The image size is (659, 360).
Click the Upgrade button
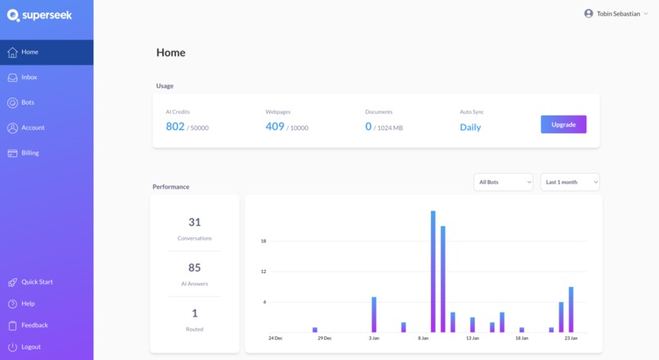pyautogui.click(x=563, y=124)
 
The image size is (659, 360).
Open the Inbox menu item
pyautogui.click(x=29, y=77)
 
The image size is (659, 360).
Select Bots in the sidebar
pyautogui.click(x=28, y=102)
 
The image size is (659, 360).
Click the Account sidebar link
pyautogui.click(x=33, y=128)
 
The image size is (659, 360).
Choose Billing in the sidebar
pyautogui.click(x=29, y=153)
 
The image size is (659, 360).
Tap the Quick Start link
pyautogui.click(x=37, y=282)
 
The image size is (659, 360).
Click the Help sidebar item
pyautogui.click(x=28, y=304)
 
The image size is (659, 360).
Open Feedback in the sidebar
pyautogui.click(x=34, y=325)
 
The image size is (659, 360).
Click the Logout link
pyautogui.click(x=31, y=347)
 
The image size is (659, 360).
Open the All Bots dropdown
pyautogui.click(x=503, y=182)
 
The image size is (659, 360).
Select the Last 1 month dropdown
pyautogui.click(x=570, y=182)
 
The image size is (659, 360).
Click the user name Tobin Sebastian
pyautogui.click(x=618, y=13)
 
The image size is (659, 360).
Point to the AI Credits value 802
pyautogui.click(x=175, y=127)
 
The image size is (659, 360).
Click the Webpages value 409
pyautogui.click(x=275, y=127)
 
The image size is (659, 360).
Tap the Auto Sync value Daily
pyautogui.click(x=470, y=128)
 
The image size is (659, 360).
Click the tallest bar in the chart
pyautogui.click(x=433, y=271)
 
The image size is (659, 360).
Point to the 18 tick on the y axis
pyautogui.click(x=263, y=241)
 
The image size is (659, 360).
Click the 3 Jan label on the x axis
pyautogui.click(x=374, y=338)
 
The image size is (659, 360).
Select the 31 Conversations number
pyautogui.click(x=195, y=222)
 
